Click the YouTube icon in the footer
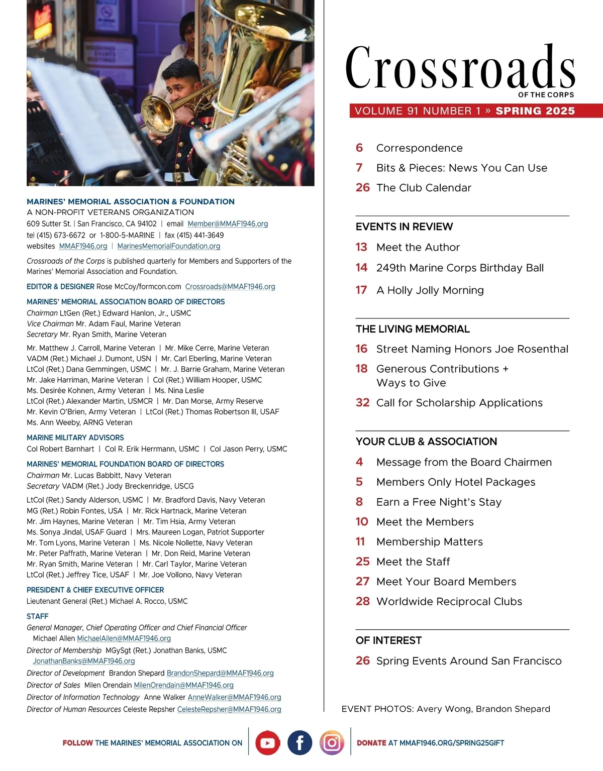(267, 743)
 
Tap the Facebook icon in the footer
(299, 743)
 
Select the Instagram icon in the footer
(332, 743)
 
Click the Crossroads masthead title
(460, 68)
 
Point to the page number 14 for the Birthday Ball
(361, 268)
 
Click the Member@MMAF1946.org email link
(228, 224)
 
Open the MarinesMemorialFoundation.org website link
(169, 246)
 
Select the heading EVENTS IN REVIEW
(404, 227)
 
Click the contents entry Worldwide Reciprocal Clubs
(449, 601)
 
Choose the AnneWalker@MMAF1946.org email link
(234, 697)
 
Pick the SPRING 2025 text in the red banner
(535, 111)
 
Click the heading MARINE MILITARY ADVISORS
(75, 437)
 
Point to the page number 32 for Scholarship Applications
(362, 403)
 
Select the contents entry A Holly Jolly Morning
(430, 290)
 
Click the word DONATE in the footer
(371, 743)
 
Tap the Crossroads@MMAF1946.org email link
(230, 287)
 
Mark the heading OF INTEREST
(388, 640)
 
